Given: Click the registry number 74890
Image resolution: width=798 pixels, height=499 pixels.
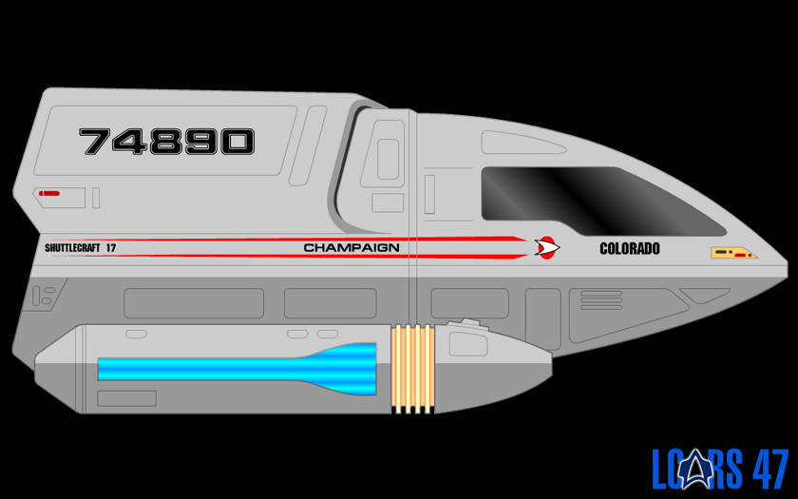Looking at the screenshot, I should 167,142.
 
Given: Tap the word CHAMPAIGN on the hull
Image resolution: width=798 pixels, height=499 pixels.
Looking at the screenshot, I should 351,248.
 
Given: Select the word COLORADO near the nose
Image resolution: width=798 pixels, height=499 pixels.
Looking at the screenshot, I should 629,249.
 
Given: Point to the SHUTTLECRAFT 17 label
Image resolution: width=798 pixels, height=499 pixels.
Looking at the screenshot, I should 80,248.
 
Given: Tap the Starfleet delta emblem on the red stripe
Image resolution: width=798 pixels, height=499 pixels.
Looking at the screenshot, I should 548,248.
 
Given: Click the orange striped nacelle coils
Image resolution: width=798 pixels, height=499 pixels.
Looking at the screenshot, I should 413,369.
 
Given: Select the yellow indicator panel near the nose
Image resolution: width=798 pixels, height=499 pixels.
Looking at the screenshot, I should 733,254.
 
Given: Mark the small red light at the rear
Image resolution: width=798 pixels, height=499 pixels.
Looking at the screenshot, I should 49,194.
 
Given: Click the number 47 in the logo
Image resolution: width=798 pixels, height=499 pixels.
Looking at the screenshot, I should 769,470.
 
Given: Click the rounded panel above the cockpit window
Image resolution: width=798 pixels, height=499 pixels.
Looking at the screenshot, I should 522,143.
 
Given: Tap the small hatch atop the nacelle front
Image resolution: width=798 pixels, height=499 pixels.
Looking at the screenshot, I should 467,342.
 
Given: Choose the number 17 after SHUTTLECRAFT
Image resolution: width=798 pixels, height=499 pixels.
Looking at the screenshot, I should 111,248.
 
